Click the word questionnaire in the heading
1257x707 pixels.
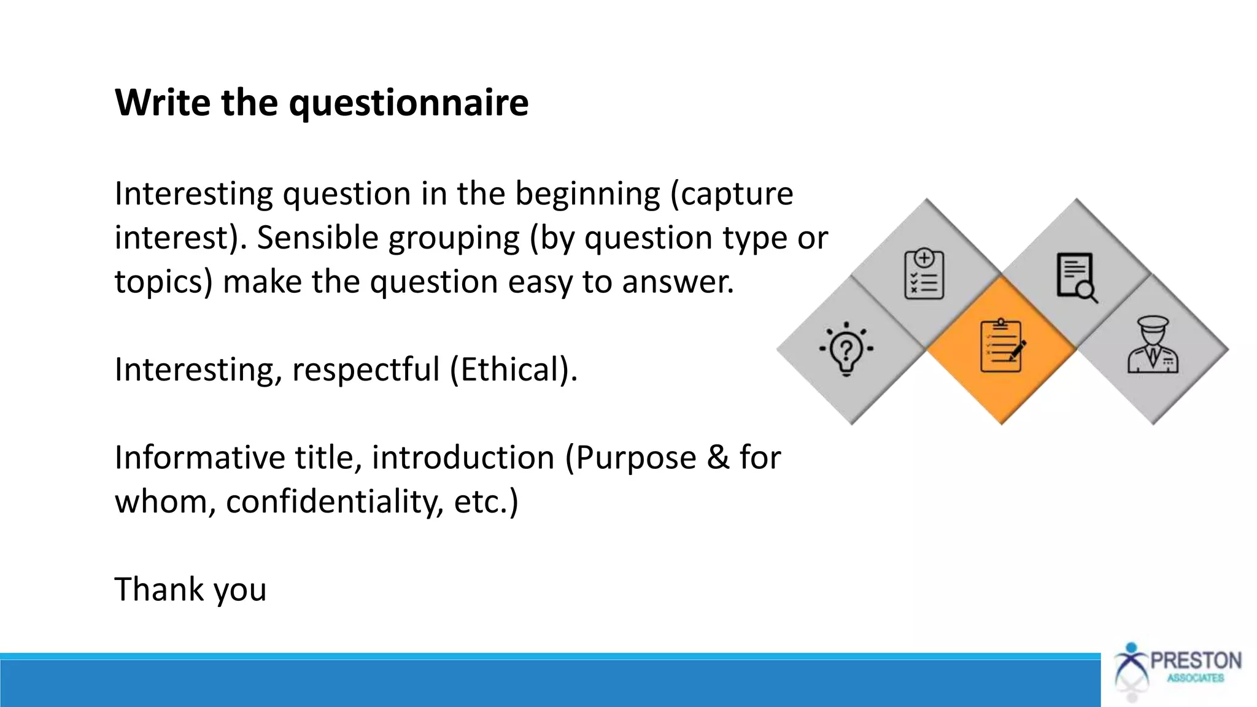click(x=408, y=103)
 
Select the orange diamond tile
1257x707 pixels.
click(x=1001, y=349)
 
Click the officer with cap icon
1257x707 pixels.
click(x=1152, y=346)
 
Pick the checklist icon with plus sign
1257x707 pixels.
click(x=924, y=274)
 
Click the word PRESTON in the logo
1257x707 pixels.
click(x=1195, y=661)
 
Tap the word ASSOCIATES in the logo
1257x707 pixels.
click(x=1195, y=678)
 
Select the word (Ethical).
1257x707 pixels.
click(x=513, y=370)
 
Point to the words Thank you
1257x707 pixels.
click(x=190, y=590)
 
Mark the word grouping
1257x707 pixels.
click(x=454, y=238)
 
